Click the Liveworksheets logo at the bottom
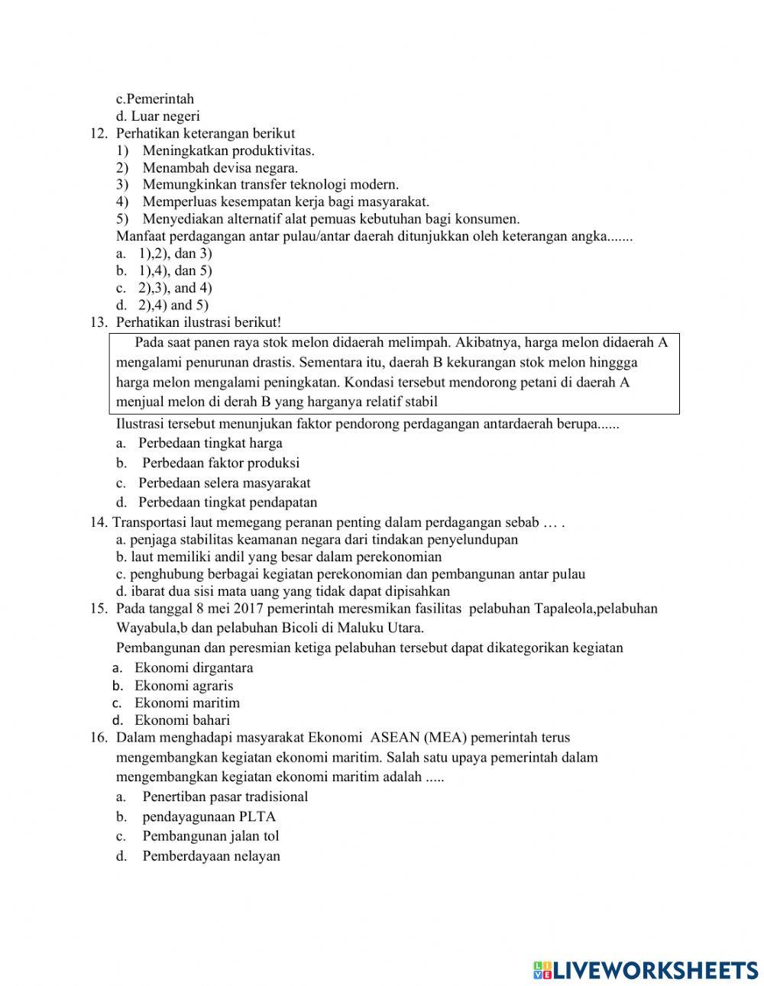646,969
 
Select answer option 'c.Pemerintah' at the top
155,99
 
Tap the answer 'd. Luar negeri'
157,116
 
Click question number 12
98,133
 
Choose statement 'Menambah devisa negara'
220,167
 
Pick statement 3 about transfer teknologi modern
270,184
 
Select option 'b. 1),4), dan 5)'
164,270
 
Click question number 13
98,322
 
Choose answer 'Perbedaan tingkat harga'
210,443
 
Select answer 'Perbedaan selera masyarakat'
224,483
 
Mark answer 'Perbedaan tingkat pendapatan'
227,503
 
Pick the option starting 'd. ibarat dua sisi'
283,591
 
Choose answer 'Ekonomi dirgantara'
193,668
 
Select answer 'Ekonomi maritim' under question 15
187,703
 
